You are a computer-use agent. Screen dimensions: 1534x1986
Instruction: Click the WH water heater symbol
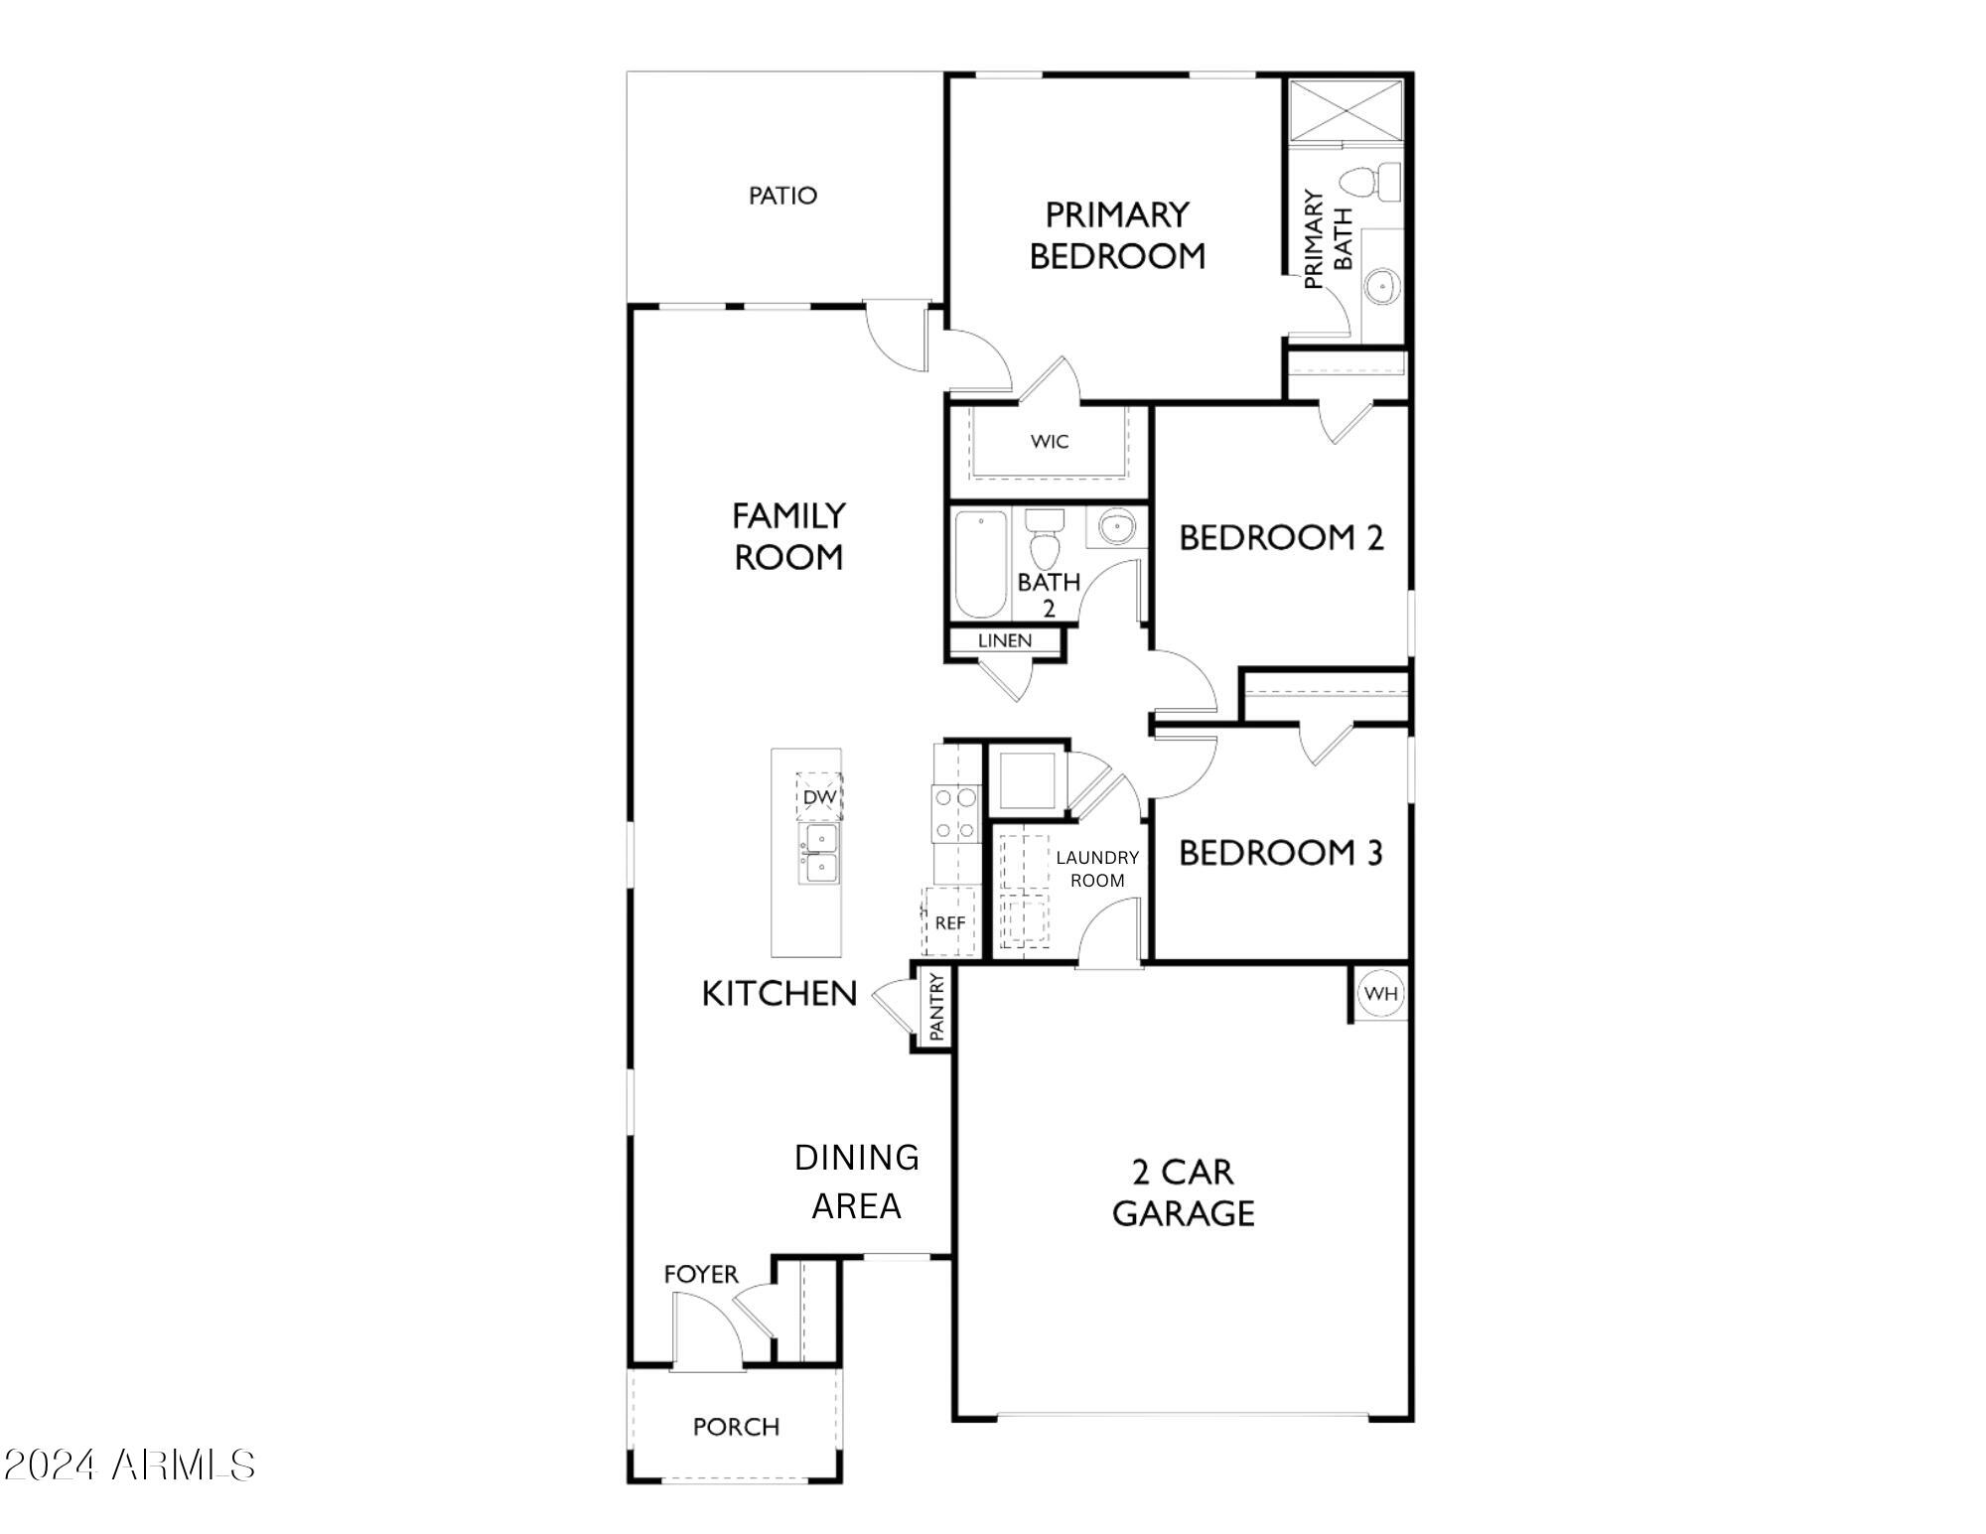pos(1380,993)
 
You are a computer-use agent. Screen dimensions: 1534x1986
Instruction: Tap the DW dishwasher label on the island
pos(819,796)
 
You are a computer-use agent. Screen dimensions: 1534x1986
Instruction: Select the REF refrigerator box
pos(949,922)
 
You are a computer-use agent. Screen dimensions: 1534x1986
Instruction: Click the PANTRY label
pos(935,1007)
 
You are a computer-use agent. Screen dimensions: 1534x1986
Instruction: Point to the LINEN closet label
pos(1004,640)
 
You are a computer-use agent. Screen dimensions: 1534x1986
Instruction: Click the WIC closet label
pos(1049,441)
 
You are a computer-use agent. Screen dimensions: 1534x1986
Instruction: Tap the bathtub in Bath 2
pos(980,563)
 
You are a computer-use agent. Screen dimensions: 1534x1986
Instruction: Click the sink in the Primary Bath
pos(1381,287)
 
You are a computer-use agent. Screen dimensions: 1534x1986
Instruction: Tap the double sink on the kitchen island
pos(820,853)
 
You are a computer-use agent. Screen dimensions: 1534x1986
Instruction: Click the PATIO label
pos(782,196)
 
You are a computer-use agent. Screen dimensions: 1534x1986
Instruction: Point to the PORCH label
pos(736,1427)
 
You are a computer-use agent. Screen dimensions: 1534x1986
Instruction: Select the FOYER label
pos(701,1274)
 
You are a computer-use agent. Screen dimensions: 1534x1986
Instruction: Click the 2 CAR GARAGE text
pos(1183,1192)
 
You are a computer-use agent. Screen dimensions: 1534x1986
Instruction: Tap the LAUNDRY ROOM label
pos(1096,869)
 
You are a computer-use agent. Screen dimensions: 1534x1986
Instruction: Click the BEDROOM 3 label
pos(1280,852)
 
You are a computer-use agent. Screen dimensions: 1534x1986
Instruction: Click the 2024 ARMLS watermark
pos(129,1464)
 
